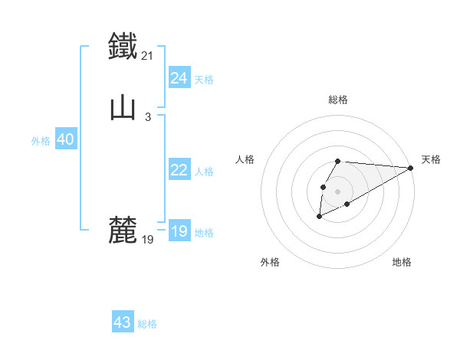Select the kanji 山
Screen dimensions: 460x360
click(123, 106)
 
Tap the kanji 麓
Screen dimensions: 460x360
click(123, 230)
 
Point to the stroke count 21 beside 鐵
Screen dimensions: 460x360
click(148, 55)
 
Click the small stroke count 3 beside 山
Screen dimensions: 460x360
click(147, 116)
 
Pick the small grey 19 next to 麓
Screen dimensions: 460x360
click(148, 240)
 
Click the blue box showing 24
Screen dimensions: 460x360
click(179, 78)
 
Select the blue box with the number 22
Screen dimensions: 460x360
click(179, 170)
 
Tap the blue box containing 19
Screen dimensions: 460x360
click(179, 231)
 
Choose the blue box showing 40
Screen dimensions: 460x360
click(65, 139)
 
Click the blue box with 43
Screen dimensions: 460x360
click(122, 322)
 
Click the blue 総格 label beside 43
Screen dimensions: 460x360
click(147, 324)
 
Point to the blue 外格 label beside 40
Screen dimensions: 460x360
click(41, 141)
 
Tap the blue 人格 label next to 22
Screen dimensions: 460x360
click(204, 172)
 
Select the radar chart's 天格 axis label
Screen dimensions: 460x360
click(431, 159)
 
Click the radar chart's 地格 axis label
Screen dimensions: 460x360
click(402, 262)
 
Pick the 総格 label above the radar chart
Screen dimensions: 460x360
click(337, 100)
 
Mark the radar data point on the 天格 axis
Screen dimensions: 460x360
click(410, 168)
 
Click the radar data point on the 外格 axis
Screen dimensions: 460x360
click(319, 217)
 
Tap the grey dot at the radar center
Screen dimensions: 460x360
click(337, 191)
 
